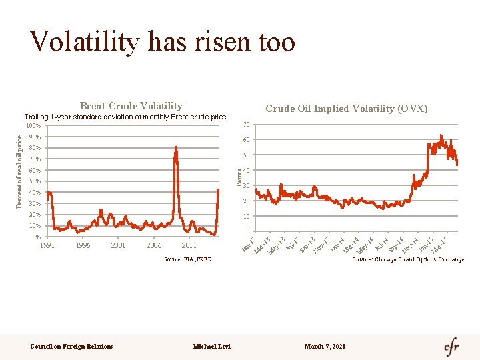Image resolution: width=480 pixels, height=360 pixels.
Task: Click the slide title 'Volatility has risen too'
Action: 162,41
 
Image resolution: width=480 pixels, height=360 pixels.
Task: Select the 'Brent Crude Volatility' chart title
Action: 131,106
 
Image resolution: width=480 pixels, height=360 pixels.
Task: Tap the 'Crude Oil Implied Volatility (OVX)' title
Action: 346,109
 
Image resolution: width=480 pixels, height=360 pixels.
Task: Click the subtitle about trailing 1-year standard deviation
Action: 125,117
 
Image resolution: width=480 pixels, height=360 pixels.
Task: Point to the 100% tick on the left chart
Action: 33,126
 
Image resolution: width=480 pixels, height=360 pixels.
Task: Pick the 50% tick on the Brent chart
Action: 35,181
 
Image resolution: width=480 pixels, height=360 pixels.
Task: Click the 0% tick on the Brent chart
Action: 36,237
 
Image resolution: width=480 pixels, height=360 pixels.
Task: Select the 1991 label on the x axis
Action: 47,245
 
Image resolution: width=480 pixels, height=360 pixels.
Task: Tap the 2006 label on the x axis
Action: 153,245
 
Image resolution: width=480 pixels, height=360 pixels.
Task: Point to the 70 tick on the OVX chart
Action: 246,125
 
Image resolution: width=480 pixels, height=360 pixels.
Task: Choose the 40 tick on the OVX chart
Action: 246,171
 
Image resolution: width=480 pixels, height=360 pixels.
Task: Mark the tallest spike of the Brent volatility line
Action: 175,148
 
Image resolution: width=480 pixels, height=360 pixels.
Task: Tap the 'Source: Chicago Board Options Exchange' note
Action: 408,259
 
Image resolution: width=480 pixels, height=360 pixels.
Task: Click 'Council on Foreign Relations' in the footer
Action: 72,346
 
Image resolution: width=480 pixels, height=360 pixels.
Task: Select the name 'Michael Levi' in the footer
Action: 211,346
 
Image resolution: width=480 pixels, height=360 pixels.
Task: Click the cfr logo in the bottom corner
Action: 452,347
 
